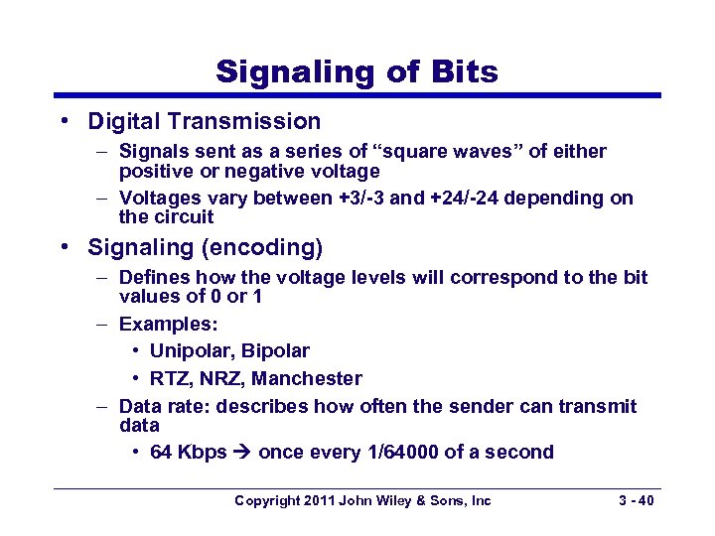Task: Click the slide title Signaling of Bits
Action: (357, 71)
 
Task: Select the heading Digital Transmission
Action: (204, 121)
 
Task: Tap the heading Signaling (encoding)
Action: (205, 245)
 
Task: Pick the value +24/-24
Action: (467, 198)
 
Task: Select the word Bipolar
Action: (275, 350)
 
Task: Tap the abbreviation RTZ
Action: (170, 378)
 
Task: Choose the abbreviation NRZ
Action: (222, 378)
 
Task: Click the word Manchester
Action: (307, 378)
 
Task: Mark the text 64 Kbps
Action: (189, 452)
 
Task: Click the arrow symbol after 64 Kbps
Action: (242, 453)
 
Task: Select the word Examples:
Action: (168, 325)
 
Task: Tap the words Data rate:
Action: (164, 406)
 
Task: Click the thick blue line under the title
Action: (357, 95)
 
